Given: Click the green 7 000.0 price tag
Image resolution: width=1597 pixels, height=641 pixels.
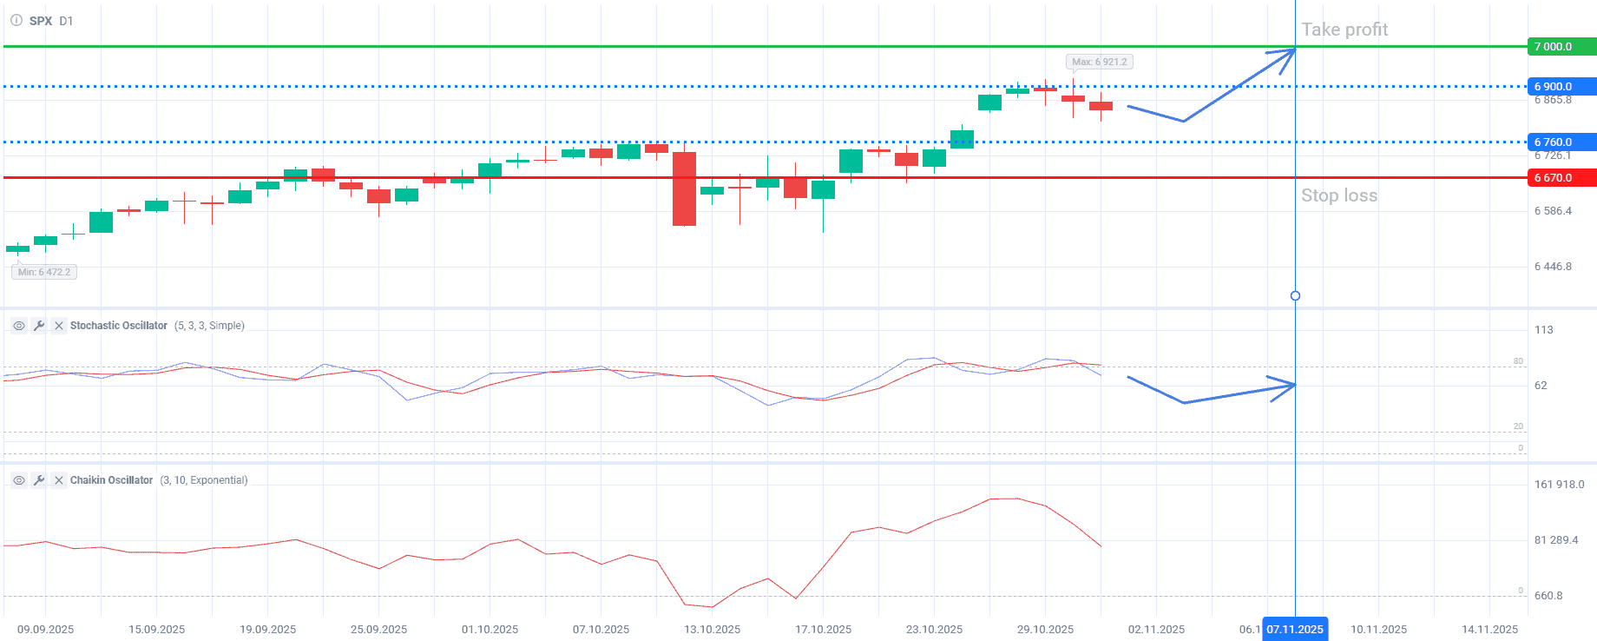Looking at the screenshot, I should coord(1561,47).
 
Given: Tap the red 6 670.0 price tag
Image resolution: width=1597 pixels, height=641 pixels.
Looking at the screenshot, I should coord(1561,178).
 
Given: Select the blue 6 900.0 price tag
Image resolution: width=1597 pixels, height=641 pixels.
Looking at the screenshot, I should coord(1561,87).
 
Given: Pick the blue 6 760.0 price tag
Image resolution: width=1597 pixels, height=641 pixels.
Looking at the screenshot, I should coord(1561,142).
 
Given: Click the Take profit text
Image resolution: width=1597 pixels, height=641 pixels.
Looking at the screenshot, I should coord(1344,30).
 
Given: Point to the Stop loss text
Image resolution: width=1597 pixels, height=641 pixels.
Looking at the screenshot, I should coord(1339,195).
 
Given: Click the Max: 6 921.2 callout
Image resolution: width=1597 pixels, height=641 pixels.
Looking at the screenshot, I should coord(1099,62).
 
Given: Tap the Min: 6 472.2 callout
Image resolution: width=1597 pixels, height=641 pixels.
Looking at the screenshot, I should coord(44,272).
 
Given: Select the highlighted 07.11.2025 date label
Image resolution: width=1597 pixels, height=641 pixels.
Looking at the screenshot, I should coord(1295,630).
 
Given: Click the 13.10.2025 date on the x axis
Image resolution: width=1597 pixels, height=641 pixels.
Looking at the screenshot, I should coord(712,630).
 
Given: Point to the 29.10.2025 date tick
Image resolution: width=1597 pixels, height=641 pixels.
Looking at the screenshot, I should coord(1045,630).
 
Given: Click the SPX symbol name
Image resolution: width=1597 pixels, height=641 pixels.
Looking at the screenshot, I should coord(41,21).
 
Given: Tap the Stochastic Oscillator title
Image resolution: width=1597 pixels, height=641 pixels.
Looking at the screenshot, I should coord(119,326).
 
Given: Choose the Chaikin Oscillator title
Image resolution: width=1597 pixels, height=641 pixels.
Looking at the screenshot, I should coord(111,480).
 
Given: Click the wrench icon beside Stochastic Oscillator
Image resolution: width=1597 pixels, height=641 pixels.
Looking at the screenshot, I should coord(39,326).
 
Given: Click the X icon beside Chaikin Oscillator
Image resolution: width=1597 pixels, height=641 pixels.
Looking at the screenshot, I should coord(59,480).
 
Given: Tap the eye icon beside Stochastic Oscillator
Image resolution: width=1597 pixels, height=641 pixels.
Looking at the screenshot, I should coord(19,326).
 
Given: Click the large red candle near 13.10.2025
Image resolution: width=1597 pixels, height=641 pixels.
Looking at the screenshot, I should coord(684,189).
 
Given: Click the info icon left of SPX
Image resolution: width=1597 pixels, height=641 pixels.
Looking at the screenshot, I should coord(16,20).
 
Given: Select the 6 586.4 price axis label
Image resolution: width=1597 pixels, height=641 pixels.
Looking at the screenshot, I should coord(1553,211).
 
